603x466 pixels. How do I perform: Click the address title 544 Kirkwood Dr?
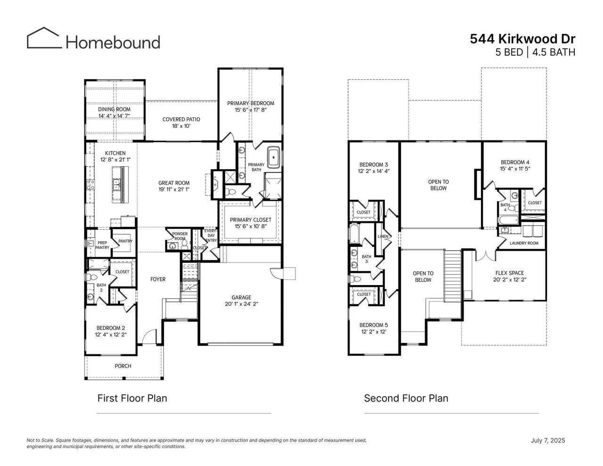click(522, 39)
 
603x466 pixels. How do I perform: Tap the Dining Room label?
click(114, 109)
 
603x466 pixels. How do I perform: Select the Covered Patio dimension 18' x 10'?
click(181, 126)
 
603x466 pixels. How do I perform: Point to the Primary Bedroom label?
click(250, 103)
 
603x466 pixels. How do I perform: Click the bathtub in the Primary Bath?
click(273, 157)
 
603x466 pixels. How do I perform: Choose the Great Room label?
click(174, 183)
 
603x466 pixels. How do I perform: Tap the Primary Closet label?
click(250, 220)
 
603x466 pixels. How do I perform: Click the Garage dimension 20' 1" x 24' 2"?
click(241, 304)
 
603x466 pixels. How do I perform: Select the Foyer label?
click(158, 279)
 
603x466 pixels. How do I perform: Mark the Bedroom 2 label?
click(111, 328)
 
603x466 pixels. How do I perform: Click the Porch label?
click(123, 366)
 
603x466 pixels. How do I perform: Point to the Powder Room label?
click(179, 236)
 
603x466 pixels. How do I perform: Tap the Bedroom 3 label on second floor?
click(374, 164)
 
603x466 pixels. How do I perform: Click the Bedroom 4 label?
click(515, 162)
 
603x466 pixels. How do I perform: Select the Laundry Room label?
click(524, 243)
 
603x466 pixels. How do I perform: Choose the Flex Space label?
click(509, 273)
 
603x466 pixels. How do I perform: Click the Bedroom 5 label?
click(374, 325)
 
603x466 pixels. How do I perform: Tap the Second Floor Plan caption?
click(406, 398)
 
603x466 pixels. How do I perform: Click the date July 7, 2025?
click(547, 441)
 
